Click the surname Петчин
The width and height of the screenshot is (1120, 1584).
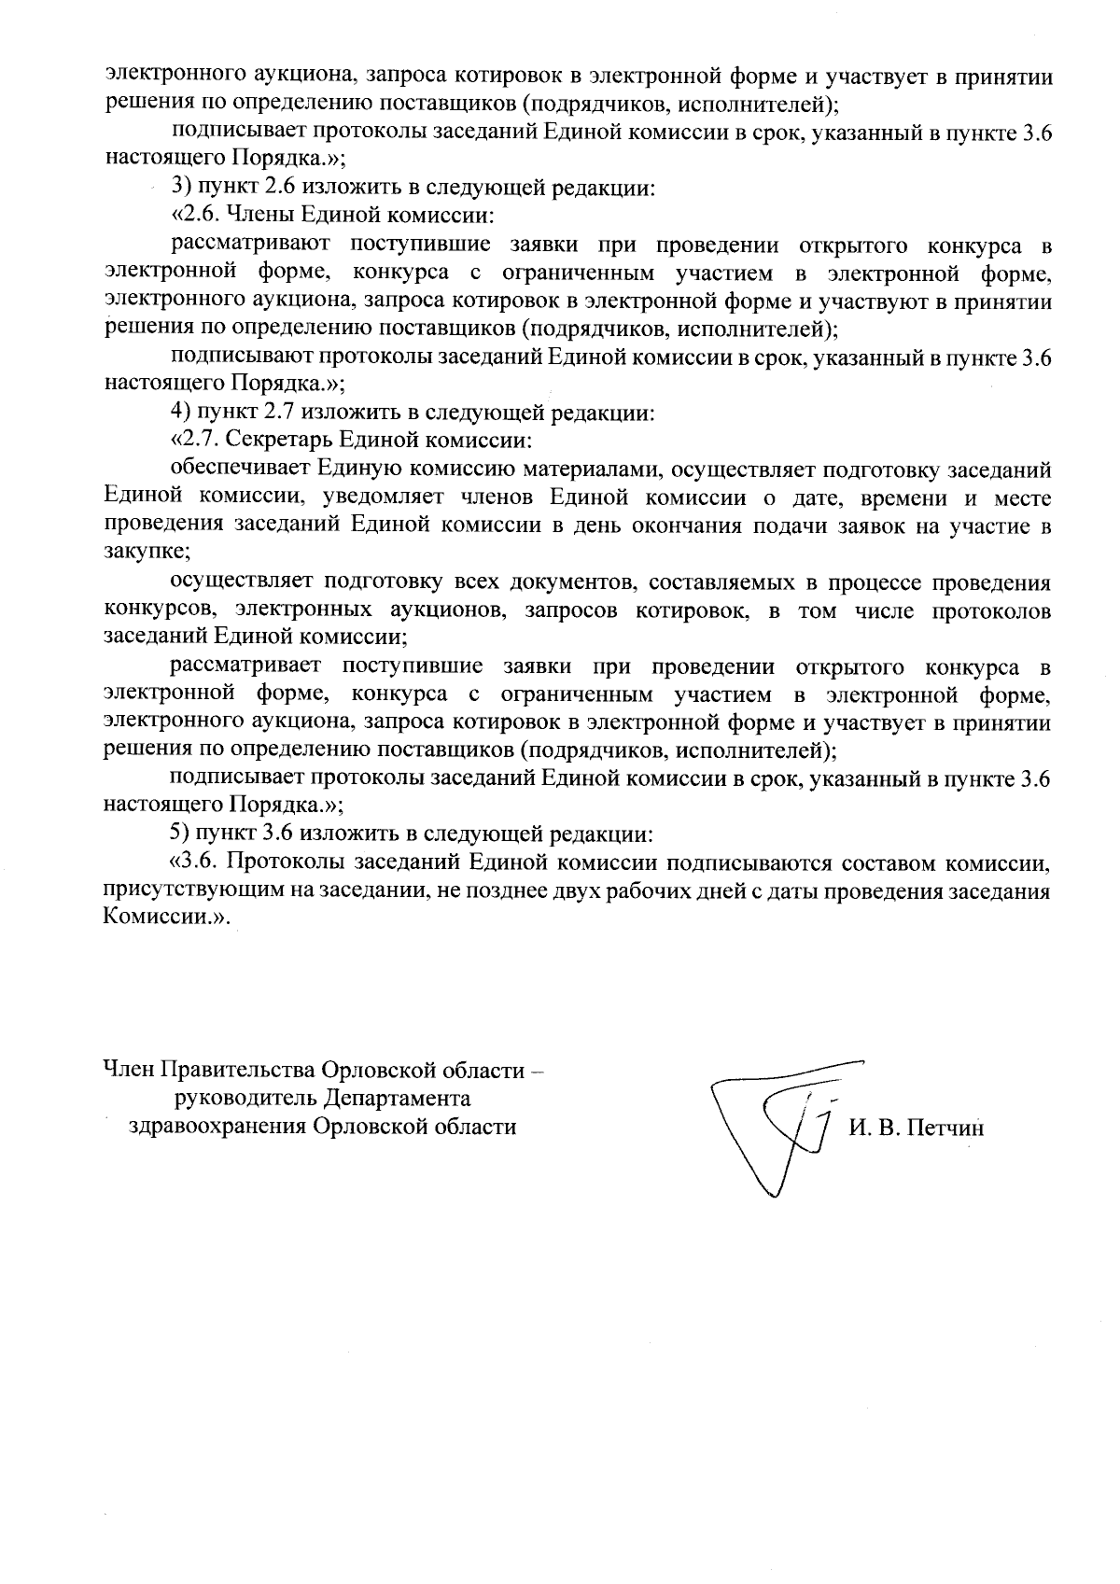pos(945,1128)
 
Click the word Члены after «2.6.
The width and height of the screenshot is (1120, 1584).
pos(257,217)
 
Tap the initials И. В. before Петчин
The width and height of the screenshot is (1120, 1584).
pos(874,1128)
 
